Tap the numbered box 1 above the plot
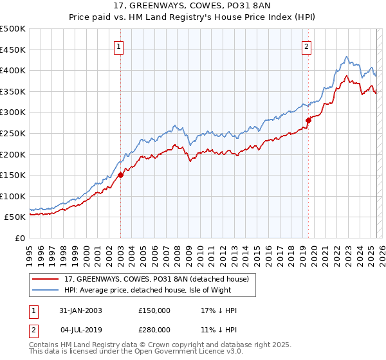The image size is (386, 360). coord(120,46)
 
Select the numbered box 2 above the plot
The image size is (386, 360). coord(307,46)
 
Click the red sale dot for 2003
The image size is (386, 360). coord(121,174)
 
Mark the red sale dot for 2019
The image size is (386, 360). coord(308,120)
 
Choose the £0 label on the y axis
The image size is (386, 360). coord(19,238)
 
